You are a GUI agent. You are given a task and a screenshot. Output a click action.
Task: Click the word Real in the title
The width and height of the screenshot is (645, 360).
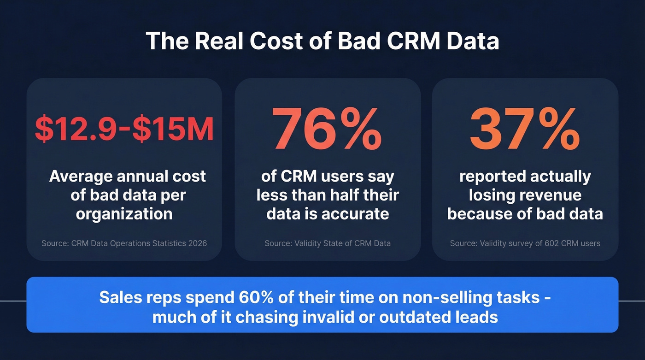219,41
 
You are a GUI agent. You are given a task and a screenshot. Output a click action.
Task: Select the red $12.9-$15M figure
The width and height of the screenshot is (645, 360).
124,130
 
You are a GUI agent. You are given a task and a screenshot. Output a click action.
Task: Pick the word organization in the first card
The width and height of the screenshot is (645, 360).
124,214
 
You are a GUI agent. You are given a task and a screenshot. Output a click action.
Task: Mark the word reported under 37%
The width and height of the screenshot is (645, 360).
492,177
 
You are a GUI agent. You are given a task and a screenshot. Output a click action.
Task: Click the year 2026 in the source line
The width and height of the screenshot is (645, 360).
197,243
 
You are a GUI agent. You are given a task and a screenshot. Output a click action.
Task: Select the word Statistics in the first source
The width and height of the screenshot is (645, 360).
167,243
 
